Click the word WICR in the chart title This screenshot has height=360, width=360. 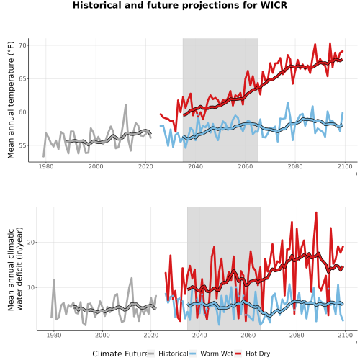pos(274,5)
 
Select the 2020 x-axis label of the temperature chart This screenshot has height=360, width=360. pos(145,166)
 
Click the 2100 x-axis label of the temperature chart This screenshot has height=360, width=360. pos(345,166)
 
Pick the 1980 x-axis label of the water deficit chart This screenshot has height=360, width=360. pos(54,335)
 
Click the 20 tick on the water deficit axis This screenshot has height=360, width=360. pos(31,243)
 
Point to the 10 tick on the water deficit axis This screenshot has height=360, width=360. pos(31,287)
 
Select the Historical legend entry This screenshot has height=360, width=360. pos(168,354)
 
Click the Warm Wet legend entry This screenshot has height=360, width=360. pos(212,354)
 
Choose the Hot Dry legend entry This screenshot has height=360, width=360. pos(253,354)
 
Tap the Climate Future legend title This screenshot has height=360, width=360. pos(120,354)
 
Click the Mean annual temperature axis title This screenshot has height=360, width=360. pos(11,100)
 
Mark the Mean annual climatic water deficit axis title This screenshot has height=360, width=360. pos(15,269)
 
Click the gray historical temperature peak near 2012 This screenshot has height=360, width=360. pos(125,105)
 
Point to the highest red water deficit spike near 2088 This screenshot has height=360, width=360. pos(316,212)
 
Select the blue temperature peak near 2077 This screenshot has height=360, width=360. pos(288,103)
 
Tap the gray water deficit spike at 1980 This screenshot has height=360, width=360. pos(54,279)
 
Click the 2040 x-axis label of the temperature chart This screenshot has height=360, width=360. pos(196,166)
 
